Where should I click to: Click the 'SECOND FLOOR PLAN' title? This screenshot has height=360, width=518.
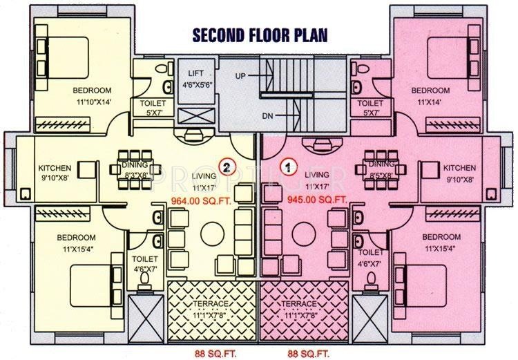(x=259, y=35)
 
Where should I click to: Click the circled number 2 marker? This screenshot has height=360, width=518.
(x=225, y=166)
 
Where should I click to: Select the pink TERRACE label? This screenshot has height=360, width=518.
(x=298, y=304)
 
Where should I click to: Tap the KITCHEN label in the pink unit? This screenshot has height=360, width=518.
(x=459, y=168)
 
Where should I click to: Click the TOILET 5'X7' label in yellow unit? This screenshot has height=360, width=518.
(x=151, y=108)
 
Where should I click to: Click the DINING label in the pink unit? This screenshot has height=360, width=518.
(x=381, y=164)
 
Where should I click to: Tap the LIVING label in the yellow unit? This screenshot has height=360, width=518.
(x=204, y=176)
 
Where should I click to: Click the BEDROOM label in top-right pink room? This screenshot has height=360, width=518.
(x=430, y=91)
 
